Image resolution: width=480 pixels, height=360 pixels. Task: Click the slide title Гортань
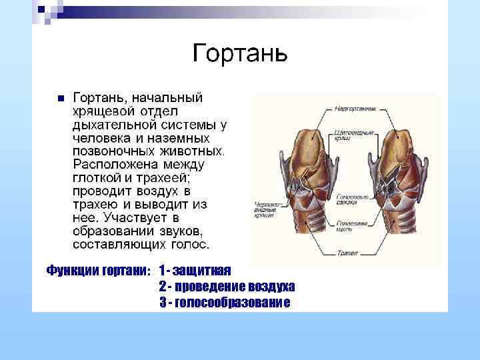[240, 52]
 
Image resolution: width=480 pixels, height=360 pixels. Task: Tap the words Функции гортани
[99, 270]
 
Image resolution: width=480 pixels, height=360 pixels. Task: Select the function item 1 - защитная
[195, 270]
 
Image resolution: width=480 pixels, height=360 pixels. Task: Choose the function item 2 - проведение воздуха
[227, 286]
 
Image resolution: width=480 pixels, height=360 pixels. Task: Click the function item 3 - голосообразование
[225, 303]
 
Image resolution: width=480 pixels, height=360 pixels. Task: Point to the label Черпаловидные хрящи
[267, 207]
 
